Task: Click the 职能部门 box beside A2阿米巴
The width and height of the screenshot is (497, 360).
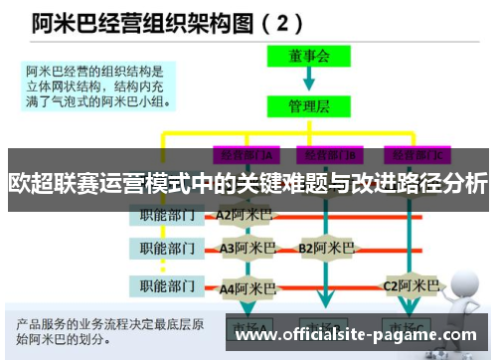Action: pos(167,213)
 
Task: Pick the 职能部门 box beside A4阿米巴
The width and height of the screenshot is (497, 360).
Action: pos(167,287)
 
